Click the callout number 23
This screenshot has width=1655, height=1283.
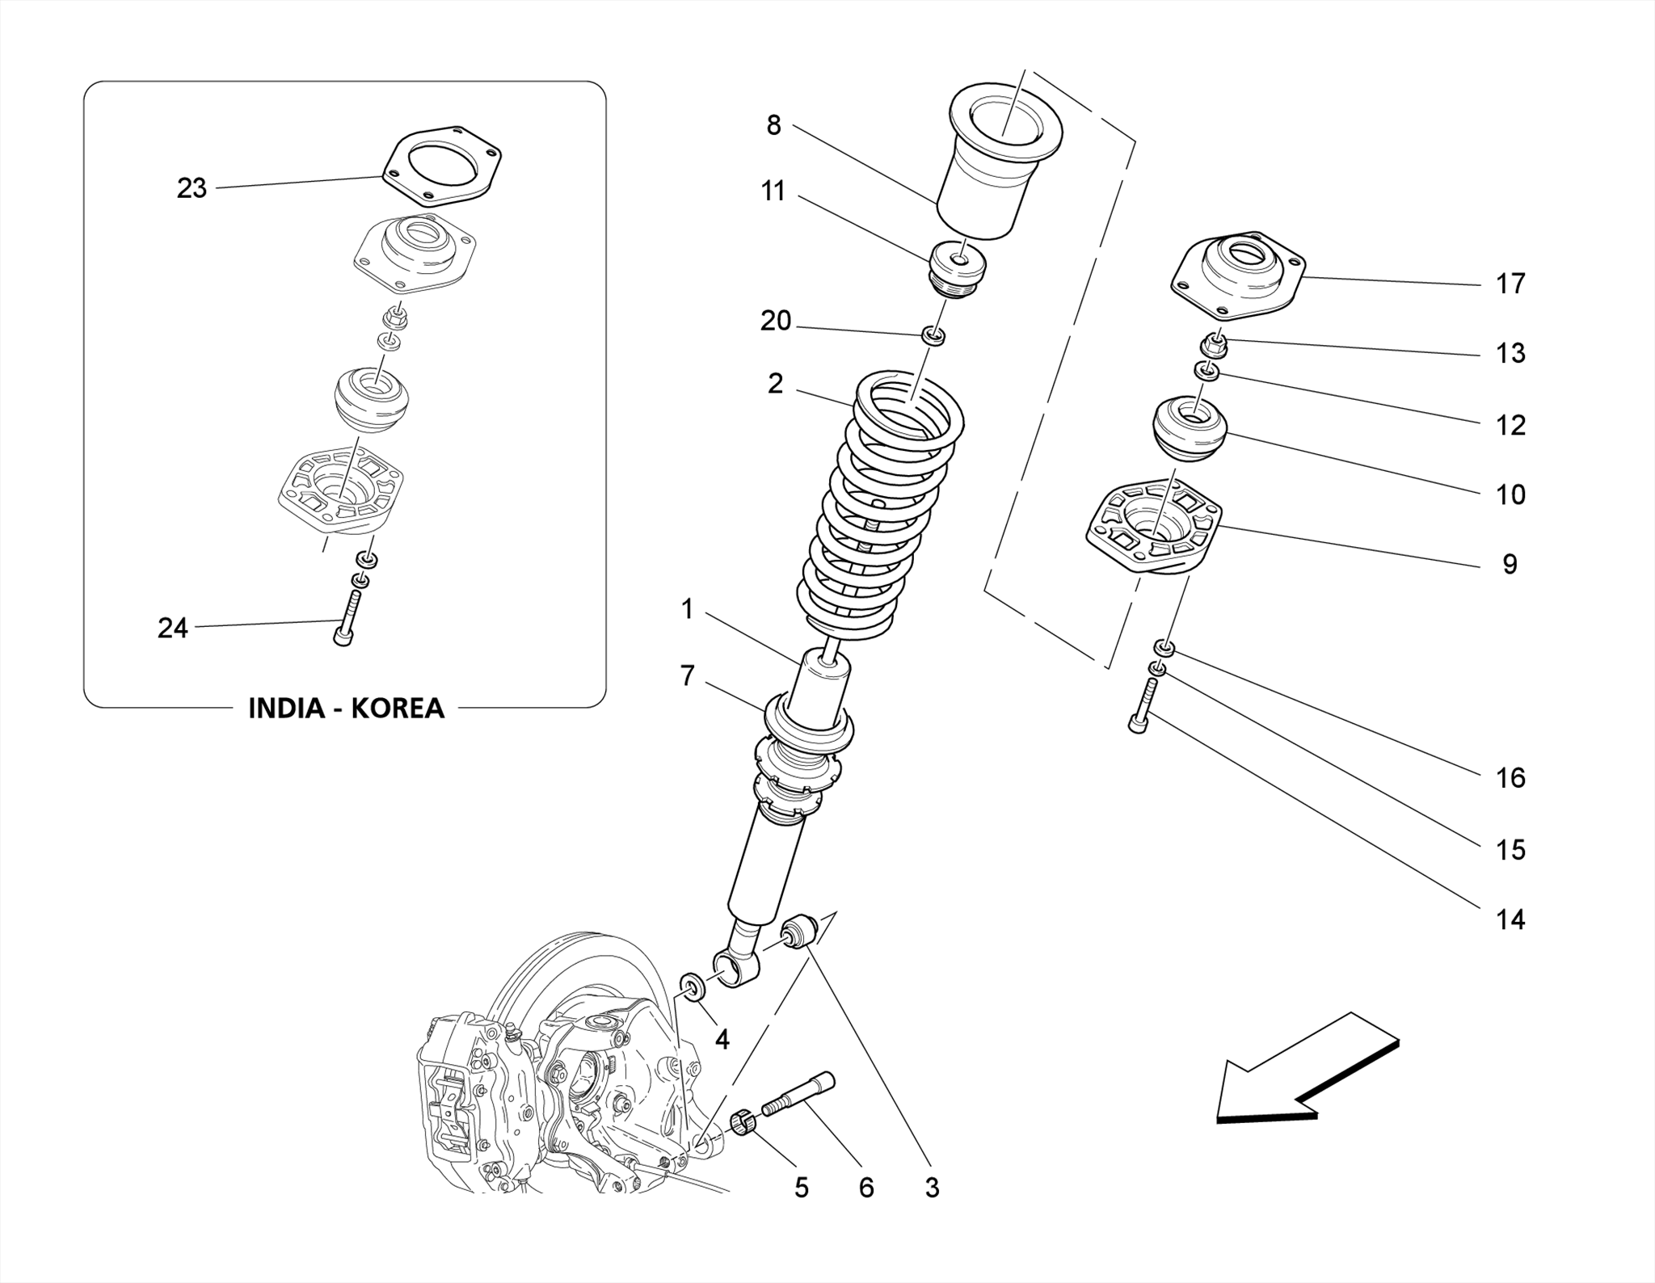click(x=192, y=188)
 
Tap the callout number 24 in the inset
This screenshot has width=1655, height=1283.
click(x=172, y=628)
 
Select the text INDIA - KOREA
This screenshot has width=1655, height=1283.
click(x=346, y=708)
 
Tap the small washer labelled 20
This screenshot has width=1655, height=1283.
click(x=934, y=335)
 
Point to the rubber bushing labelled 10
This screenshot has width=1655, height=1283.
click(x=1189, y=428)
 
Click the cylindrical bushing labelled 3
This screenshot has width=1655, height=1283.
click(x=799, y=931)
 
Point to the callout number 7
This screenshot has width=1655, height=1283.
click(x=687, y=675)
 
